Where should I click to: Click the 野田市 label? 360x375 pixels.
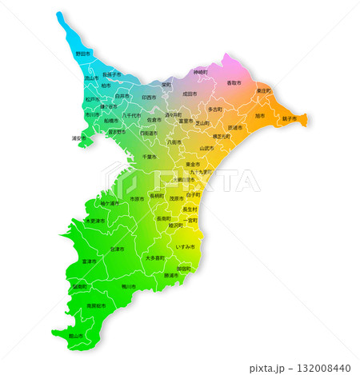pos(83,54)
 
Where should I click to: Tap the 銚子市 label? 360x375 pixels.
pos(290,119)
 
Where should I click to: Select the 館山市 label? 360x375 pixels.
pos(76,337)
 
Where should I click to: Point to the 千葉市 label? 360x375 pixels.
pos(149,157)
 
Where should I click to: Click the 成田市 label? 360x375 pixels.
pos(190,94)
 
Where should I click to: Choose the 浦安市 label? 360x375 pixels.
pos(79,138)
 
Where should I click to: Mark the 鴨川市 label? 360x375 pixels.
pos(129,285)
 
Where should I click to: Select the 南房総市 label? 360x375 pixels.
pos(94,305)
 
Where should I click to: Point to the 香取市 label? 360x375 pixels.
pos(234,83)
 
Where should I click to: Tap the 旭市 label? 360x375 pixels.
pos(259,116)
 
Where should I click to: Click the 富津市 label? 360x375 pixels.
pos(89,261)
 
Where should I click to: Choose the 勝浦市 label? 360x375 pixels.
pos(171,275)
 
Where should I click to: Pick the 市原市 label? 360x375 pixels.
pos(137,198)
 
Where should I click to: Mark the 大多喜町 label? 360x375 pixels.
pos(154,258)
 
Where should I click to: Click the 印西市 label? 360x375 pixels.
pos(149,97)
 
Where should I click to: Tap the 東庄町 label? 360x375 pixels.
pos(264,91)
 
